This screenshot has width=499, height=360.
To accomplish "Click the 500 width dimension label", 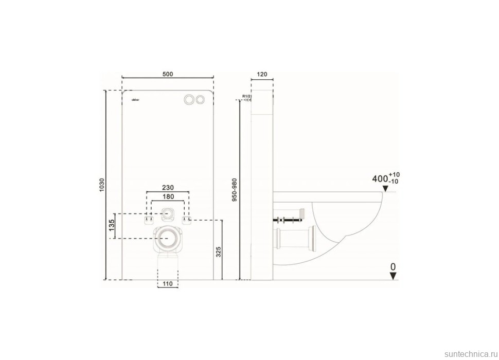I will tap(167, 74).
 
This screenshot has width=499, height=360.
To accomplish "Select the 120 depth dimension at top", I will tap(261, 74).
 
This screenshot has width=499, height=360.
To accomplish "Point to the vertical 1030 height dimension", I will tap(102, 185).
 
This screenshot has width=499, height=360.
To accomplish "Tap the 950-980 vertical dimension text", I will tap(235, 190).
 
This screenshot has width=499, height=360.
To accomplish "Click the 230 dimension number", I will tap(168, 188).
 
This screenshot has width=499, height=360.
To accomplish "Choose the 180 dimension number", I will tap(168, 197).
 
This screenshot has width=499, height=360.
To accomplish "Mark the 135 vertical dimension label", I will tap(111, 226).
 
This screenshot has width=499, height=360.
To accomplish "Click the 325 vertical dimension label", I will tap(218, 251).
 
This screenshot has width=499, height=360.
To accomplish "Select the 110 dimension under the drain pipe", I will tap(167, 284).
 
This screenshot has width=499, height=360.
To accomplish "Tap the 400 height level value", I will tap(380, 179).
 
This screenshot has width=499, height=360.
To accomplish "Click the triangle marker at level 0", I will tap(393, 276).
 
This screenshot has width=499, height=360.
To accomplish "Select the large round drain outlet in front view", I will tap(167, 238).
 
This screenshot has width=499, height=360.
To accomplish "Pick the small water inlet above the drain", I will tap(167, 213).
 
